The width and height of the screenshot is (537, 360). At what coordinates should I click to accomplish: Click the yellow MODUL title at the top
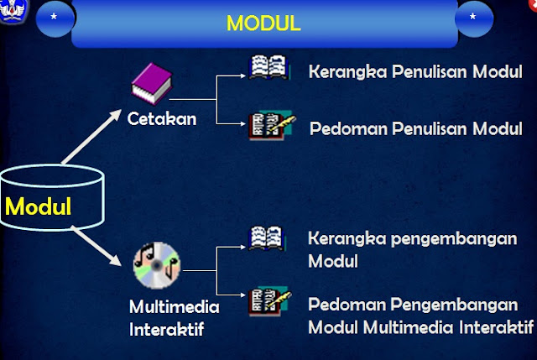pos(263,23)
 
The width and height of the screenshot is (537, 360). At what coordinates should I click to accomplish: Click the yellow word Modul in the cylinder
pos(38,206)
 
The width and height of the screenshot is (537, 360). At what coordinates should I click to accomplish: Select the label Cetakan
pos(162,119)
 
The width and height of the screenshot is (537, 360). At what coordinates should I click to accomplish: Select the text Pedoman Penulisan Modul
pos(415,129)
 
